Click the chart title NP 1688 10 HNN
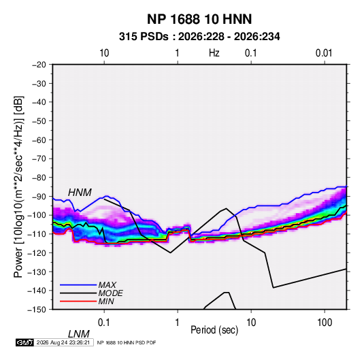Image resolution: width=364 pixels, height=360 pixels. pos(199,19)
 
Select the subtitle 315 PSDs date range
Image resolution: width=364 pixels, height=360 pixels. pos(199,37)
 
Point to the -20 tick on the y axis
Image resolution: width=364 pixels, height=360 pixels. pos(39,65)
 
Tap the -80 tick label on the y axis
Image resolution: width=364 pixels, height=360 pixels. pos(39,178)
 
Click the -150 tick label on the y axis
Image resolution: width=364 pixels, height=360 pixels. pos(37,310)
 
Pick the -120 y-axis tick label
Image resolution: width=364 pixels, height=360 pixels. pos(37,252)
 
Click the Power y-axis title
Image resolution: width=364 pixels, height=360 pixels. pos(18,186)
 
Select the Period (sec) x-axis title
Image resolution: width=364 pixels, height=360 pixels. pos(214,330)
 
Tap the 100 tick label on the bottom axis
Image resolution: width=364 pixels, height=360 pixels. pos(325,323)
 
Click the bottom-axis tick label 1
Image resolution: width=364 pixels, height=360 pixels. pos(178,323)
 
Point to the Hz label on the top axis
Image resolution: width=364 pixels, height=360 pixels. pos(214,53)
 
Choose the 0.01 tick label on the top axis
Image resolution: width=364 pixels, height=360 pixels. pos(324,53)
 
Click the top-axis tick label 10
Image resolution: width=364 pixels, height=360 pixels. pos(104,53)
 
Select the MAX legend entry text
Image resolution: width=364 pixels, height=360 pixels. pos(107,285)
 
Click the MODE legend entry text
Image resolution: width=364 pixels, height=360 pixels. pos(110,293)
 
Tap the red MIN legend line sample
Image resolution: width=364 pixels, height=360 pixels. pos(78,301)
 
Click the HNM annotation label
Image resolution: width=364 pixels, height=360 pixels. pos(80,193)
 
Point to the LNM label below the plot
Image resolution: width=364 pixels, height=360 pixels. pos(78,334)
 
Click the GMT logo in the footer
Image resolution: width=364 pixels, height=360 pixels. pos(25,342)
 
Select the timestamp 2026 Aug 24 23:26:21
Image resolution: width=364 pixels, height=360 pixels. pos(63,342)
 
